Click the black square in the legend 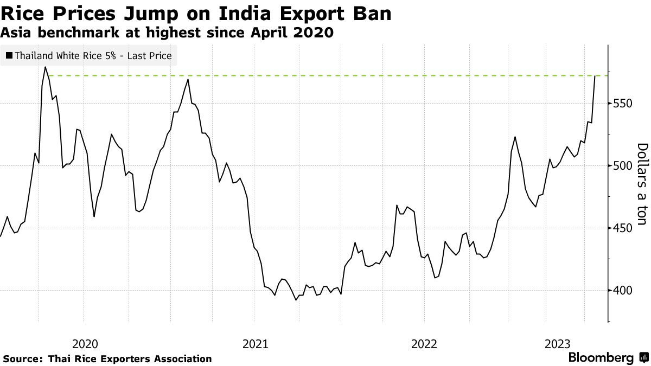[9, 55]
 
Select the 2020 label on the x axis [84, 343]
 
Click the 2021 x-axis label [254, 343]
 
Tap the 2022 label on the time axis [424, 343]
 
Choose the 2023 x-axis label [557, 343]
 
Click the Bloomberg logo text [601, 358]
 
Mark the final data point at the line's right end [595, 76]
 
